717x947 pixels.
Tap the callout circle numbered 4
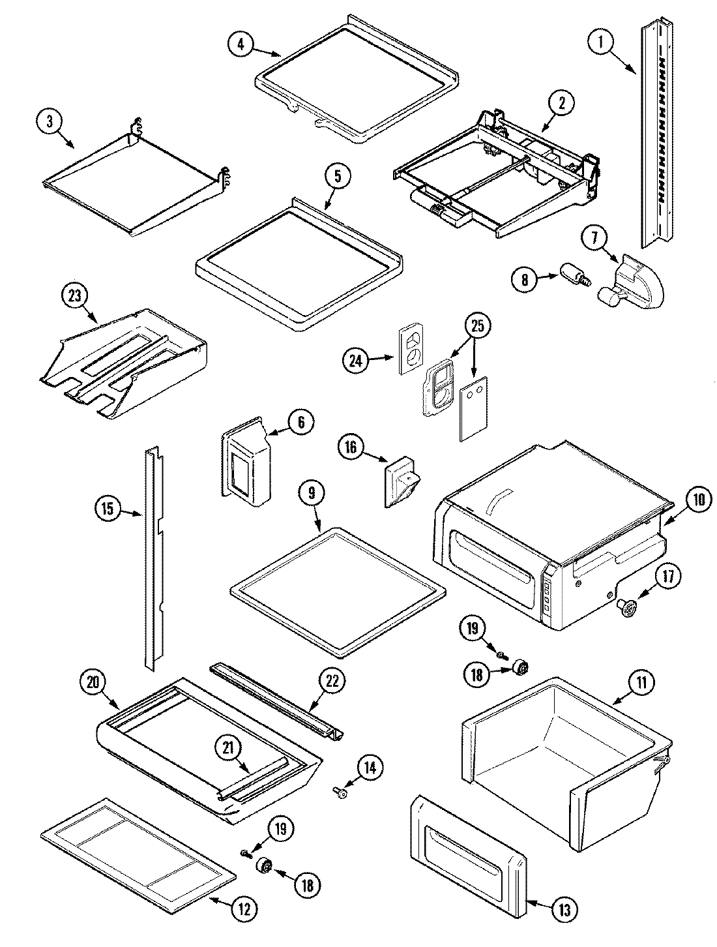click(241, 44)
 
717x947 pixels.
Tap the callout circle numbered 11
click(642, 684)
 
